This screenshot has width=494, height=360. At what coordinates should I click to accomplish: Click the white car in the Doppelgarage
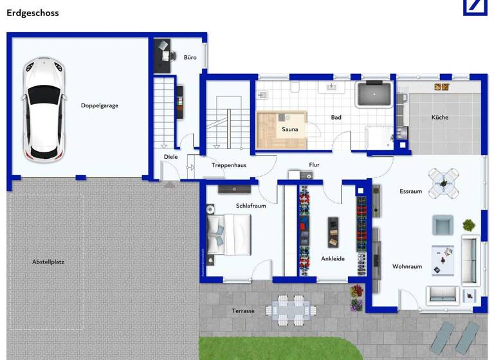44,111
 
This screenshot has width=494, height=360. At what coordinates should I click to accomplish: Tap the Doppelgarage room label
100,105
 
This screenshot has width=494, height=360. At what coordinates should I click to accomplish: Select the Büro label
190,57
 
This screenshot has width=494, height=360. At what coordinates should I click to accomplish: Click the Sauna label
290,129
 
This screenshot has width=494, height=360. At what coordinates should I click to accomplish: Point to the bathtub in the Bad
374,94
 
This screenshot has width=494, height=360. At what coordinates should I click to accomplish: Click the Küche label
440,117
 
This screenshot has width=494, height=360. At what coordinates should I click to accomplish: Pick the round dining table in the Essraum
444,181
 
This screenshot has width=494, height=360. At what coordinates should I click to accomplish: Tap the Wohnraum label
407,266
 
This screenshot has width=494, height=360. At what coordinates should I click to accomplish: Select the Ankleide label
333,258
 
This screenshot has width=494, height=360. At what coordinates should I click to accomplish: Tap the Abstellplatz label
48,262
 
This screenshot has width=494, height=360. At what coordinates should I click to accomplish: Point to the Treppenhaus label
229,165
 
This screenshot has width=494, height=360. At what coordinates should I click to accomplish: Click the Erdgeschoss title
32,12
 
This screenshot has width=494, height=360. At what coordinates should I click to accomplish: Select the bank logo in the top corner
475,7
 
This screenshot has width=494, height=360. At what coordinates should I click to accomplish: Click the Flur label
314,165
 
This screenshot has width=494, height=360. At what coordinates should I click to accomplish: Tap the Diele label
171,157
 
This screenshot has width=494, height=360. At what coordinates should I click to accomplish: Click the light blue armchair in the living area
443,225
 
